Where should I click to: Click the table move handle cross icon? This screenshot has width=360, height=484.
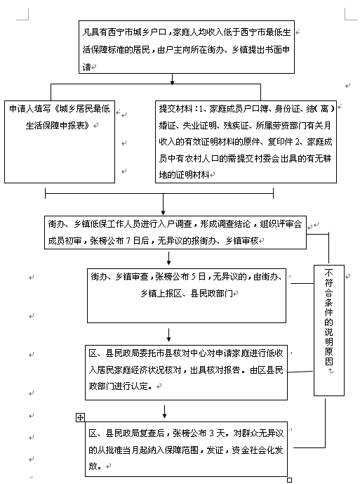coord(80,418)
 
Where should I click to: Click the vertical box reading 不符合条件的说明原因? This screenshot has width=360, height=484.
coord(329,330)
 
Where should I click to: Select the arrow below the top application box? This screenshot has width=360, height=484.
coord(173,79)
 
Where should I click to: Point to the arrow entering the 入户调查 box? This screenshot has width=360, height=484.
coord(164,204)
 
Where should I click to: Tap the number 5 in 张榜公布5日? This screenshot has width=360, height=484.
coord(194,277)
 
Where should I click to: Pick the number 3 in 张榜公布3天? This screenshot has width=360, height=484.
coord(212,433)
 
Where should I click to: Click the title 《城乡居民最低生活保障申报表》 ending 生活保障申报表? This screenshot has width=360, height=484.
coord(58,125)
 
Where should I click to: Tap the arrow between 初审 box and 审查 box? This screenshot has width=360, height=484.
coord(168,258)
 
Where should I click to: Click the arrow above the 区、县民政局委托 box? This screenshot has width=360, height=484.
coord(168,334)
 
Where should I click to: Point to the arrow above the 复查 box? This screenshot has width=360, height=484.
coord(164,412)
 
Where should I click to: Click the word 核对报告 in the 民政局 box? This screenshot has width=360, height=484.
coord(223,369)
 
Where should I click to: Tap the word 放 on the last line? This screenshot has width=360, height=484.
coord(93,466)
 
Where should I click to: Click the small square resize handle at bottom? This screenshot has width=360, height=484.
coord(289,480)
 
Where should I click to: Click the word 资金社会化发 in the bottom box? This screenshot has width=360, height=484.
coord(258,450)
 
